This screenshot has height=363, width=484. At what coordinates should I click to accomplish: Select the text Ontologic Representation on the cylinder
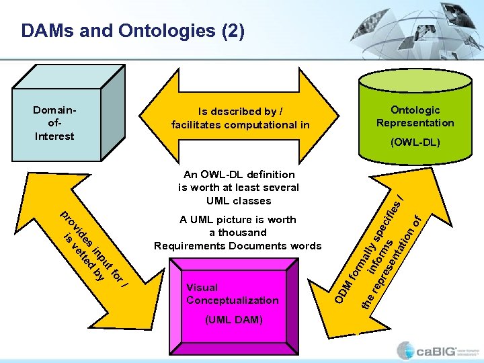(x=415, y=116)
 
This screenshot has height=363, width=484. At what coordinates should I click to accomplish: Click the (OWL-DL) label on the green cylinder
(x=415, y=142)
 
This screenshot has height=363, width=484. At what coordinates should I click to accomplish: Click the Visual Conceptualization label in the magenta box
(x=232, y=294)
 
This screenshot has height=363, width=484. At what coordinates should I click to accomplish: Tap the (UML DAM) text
(x=232, y=319)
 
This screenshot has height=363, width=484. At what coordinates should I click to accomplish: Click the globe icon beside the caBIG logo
(x=405, y=350)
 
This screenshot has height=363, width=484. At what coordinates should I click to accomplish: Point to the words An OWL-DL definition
(x=239, y=174)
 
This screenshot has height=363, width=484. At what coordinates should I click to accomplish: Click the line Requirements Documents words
(x=238, y=245)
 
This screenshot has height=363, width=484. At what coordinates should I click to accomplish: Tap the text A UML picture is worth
(x=238, y=219)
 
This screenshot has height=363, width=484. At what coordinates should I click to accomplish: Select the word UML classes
(x=239, y=200)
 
